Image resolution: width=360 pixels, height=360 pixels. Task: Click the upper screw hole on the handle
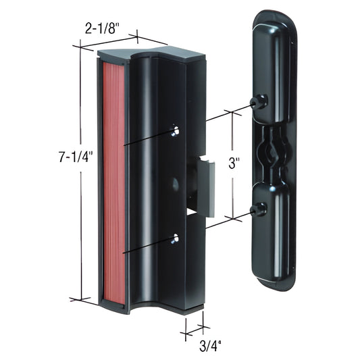tap(175, 130)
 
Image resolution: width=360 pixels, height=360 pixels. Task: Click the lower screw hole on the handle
tap(176, 238)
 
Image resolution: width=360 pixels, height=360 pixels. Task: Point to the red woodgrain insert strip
tap(112, 182)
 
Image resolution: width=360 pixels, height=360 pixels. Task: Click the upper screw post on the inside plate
tap(257, 102)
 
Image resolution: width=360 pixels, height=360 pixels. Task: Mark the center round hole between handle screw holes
tap(175, 183)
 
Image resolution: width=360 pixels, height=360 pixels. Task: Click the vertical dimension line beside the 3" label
tap(234, 135)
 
